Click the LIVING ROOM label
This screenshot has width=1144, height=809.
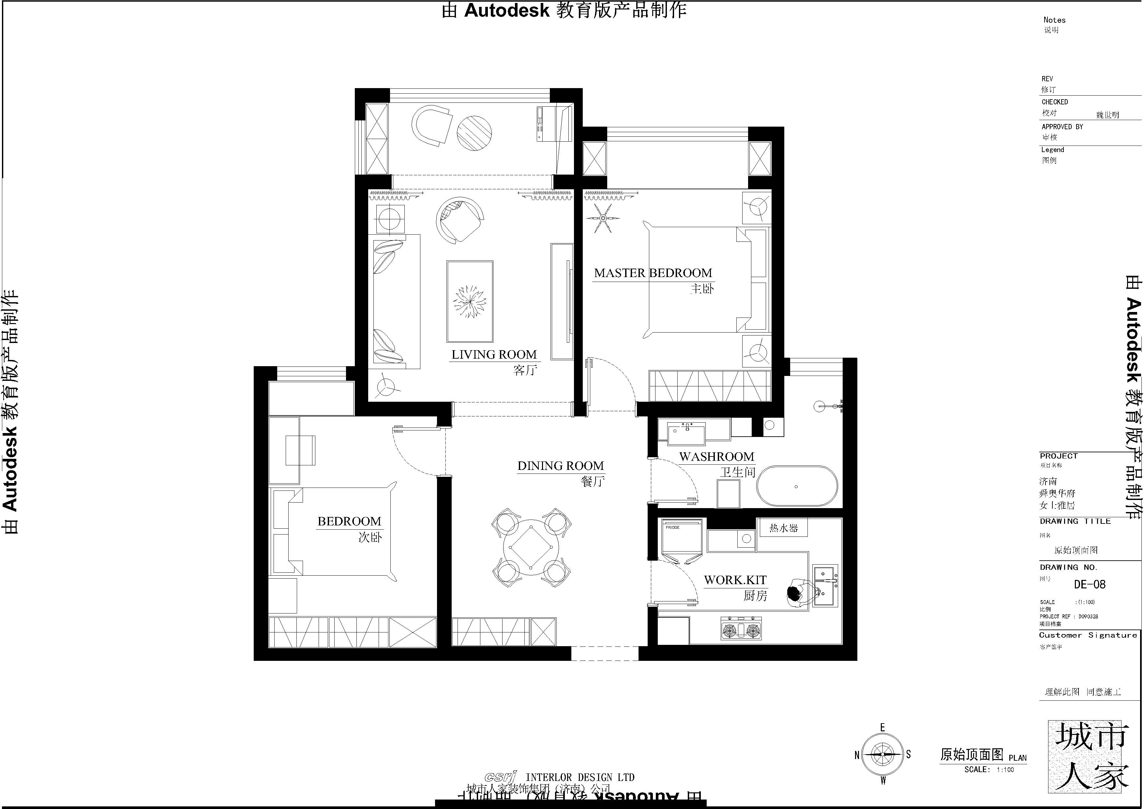click(x=494, y=354)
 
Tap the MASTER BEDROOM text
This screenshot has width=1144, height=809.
click(x=653, y=273)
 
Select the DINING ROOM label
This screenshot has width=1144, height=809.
click(x=561, y=466)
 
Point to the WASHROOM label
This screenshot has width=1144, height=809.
click(x=716, y=457)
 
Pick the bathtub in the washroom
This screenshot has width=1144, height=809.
click(x=797, y=487)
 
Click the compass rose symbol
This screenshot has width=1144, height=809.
click(x=882, y=755)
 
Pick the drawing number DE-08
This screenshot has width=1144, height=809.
click(x=1089, y=584)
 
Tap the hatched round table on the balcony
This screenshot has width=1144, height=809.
click(x=474, y=132)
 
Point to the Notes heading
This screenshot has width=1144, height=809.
click(x=1054, y=20)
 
